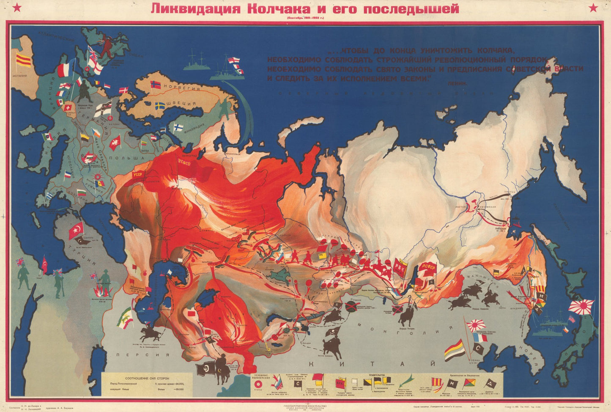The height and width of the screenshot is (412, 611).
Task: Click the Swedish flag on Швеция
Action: [160, 105]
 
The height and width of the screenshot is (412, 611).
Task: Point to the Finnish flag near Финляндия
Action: [178, 127]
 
